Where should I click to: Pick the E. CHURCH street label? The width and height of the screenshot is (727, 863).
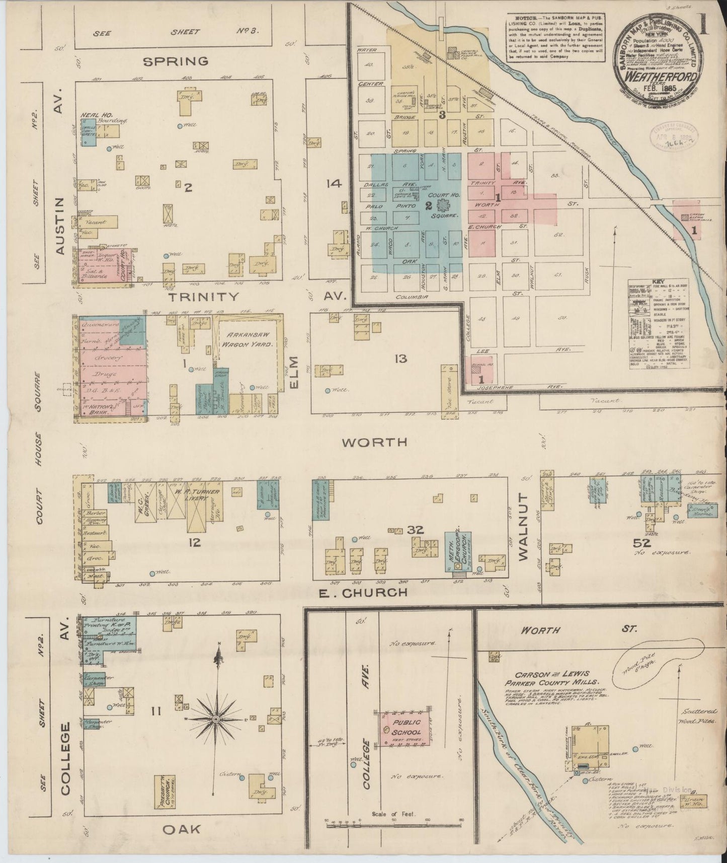pos(363,593)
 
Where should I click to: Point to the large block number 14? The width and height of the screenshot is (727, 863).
pos(333,184)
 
